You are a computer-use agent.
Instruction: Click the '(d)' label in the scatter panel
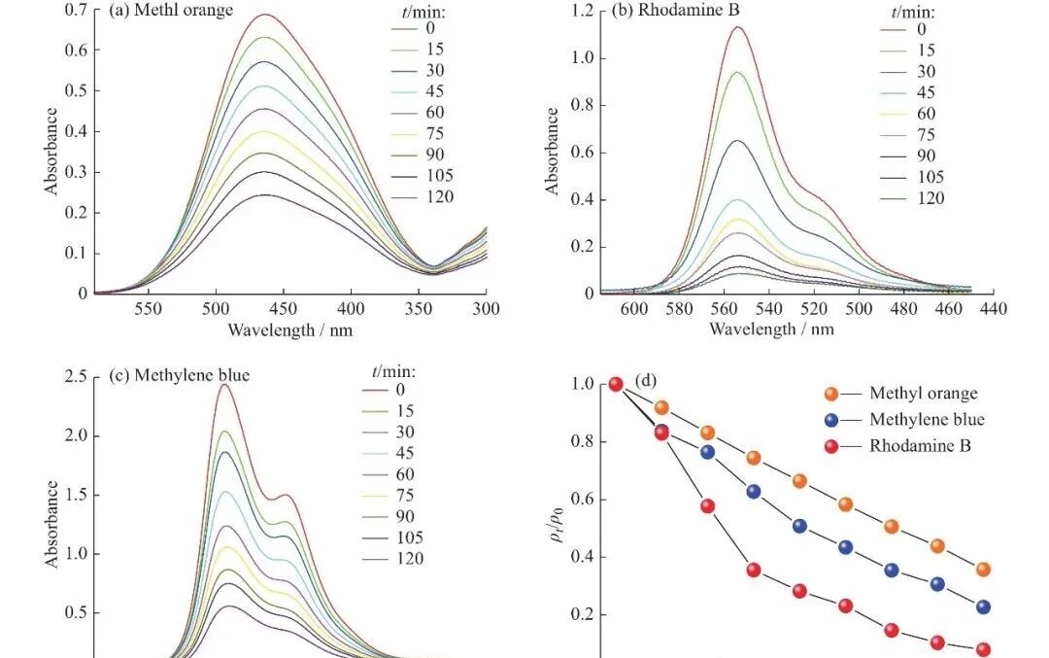646,382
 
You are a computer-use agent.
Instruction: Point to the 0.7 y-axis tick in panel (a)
76,10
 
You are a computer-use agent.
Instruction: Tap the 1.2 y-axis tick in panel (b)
581,12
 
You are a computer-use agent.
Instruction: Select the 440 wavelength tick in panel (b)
993,308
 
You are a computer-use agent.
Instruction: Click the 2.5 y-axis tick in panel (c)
76,376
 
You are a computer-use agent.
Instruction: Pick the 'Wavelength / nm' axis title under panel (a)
289,329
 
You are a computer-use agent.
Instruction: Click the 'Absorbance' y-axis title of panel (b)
553,151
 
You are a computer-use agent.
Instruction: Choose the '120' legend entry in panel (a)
439,197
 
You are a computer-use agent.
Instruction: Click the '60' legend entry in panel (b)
926,114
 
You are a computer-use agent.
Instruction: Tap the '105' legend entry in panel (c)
409,537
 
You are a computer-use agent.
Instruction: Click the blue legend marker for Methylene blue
831,420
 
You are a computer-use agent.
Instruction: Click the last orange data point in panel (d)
983,570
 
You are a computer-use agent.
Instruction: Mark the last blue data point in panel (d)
983,606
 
